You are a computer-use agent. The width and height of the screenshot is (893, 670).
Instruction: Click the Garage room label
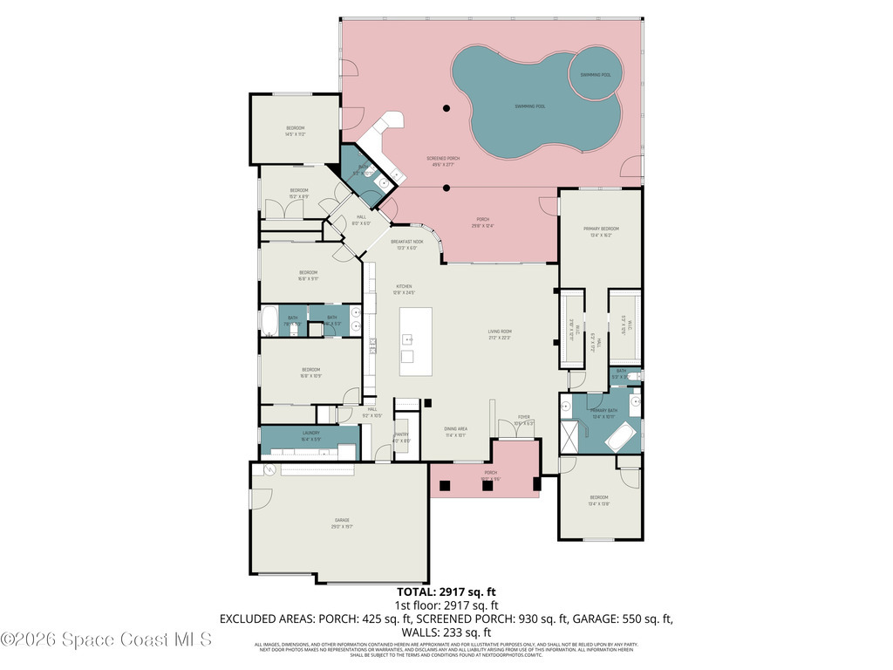click(x=340, y=523)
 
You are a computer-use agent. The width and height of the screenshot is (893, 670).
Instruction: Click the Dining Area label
click(x=455, y=431)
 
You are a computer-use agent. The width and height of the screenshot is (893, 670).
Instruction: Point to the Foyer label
click(x=523, y=420)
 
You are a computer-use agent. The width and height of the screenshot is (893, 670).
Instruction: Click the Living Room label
click(x=500, y=333)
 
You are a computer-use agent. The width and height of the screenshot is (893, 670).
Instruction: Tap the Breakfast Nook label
click(x=406, y=243)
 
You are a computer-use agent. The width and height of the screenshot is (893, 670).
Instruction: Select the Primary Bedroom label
click(x=601, y=231)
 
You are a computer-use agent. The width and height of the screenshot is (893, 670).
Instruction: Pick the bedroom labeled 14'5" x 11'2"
click(x=295, y=131)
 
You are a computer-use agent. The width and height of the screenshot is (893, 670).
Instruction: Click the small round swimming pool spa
click(x=596, y=73)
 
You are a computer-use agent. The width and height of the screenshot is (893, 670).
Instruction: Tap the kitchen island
click(x=416, y=340)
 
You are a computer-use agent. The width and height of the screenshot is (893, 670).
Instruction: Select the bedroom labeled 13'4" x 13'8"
click(x=598, y=500)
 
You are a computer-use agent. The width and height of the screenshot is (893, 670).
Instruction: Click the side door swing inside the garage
click(x=258, y=499)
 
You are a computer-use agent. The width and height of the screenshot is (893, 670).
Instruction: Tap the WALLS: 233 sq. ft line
click(x=446, y=632)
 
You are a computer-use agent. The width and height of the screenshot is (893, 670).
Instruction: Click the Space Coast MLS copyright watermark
click(x=106, y=639)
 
